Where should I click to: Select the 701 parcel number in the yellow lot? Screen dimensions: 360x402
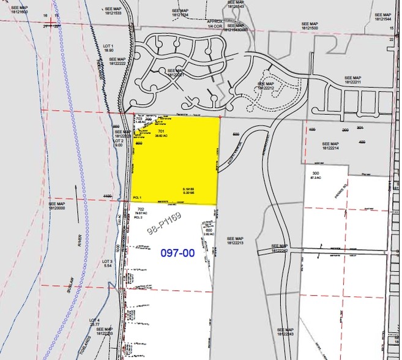tap(161, 132)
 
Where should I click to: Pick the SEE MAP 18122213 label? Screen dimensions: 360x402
tap(234, 240)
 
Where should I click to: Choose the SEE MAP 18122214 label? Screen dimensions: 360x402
tap(333, 146)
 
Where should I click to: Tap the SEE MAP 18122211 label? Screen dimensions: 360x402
tap(353, 80)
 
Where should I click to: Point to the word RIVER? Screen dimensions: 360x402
tap(80, 239)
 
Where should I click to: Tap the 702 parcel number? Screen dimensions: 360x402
tap(141, 209)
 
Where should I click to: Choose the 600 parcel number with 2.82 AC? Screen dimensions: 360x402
tap(208, 231)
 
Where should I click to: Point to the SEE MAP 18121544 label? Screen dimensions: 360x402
tap(384, 16)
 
